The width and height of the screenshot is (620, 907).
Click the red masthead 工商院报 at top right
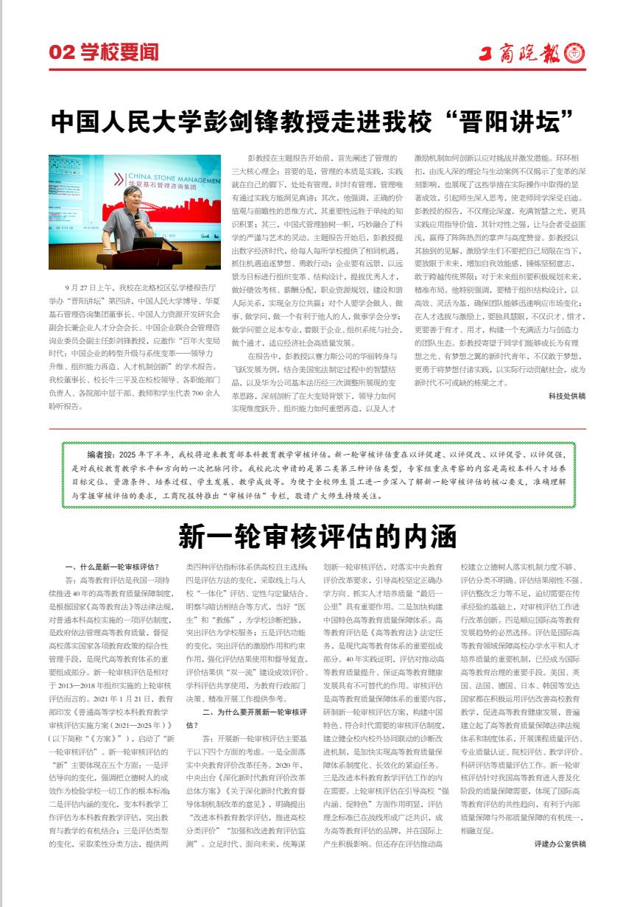[x=522, y=54]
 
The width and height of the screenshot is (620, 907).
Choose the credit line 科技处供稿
[x=567, y=396]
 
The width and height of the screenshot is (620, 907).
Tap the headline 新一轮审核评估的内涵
[x=317, y=536]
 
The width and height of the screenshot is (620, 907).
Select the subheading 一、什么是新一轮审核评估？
[x=112, y=567]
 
